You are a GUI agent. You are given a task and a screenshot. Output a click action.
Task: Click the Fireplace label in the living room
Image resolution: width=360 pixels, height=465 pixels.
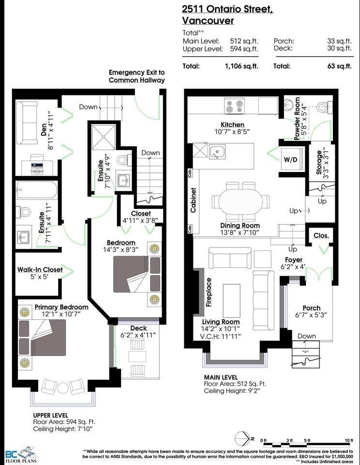coord(209,293)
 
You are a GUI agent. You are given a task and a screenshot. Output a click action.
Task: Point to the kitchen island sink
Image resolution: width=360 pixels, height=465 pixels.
coord(217,152)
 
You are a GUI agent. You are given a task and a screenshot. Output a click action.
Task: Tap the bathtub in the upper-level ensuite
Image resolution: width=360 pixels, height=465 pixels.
coord(37,190)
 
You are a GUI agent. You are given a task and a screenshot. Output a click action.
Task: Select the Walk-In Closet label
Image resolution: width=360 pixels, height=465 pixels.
coord(40,270)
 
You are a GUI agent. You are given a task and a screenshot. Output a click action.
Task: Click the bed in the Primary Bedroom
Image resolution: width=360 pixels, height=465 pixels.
coord(42,338)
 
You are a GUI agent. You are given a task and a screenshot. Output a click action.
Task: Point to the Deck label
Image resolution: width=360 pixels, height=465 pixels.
coord(139,328)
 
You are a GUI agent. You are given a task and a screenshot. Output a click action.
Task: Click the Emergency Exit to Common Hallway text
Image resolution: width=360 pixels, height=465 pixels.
coord(136,76)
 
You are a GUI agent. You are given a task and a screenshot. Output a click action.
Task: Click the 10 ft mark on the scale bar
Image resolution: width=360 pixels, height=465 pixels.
coord(349,440)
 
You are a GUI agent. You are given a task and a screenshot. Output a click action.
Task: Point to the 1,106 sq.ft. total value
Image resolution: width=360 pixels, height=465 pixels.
coord(241,66)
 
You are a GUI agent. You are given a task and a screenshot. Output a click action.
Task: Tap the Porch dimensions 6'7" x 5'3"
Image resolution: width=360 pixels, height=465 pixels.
coord(311,315)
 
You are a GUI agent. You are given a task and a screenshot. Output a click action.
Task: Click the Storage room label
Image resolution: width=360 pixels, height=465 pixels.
coord(319,162)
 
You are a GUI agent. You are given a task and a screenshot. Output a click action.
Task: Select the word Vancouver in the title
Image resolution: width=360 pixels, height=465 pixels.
coord(208,21)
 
